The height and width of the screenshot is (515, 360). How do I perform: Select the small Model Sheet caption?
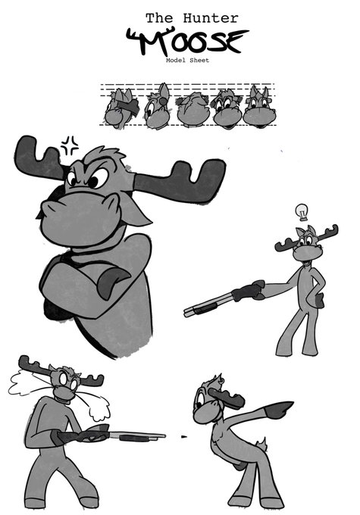[x=187, y=61]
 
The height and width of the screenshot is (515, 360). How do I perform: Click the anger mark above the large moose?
[x=70, y=143]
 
